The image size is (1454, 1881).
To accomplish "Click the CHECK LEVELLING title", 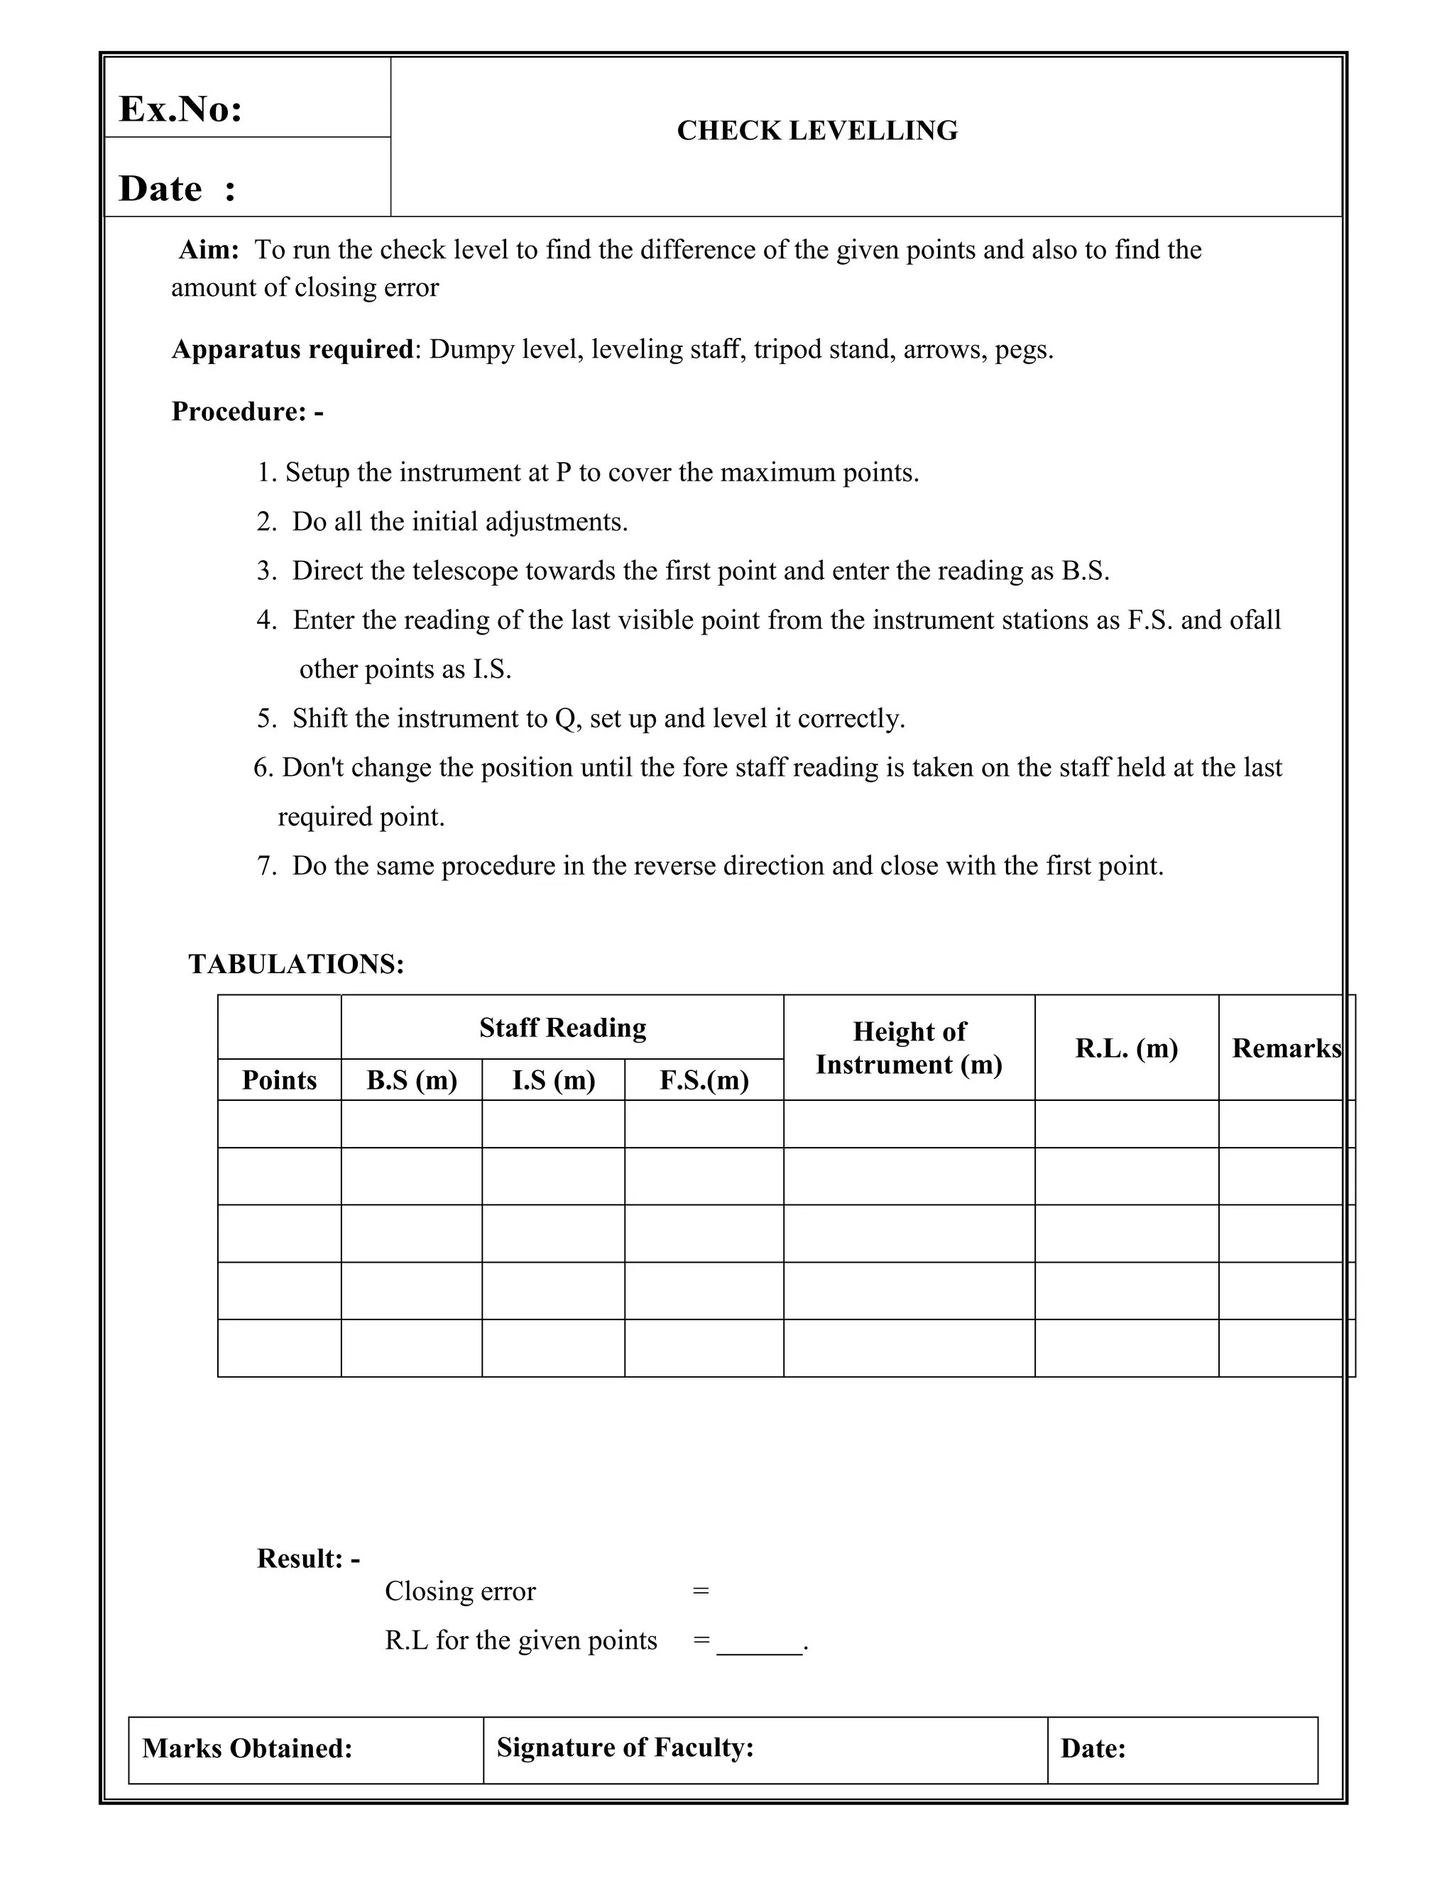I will pyautogui.click(x=816, y=131).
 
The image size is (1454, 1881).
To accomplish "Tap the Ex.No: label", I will pyautogui.click(x=180, y=109).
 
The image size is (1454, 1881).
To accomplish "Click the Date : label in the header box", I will pyautogui.click(x=177, y=189).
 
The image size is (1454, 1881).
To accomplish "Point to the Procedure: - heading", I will pyautogui.click(x=247, y=412).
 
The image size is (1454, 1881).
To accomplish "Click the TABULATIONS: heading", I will pyautogui.click(x=296, y=964).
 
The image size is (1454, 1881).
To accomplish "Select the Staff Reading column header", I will pyautogui.click(x=562, y=1028).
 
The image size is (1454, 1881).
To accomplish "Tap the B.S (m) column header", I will pyautogui.click(x=412, y=1080).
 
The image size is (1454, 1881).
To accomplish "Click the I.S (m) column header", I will pyautogui.click(x=553, y=1080).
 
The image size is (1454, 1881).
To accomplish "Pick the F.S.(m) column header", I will pyautogui.click(x=704, y=1080).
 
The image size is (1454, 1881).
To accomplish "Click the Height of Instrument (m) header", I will pyautogui.click(x=909, y=1048).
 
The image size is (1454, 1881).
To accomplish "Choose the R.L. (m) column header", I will pyautogui.click(x=1126, y=1048).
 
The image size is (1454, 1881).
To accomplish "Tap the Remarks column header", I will pyautogui.click(x=1285, y=1048).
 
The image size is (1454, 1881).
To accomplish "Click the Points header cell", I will pyautogui.click(x=279, y=1080).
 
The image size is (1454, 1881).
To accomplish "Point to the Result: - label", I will pyautogui.click(x=308, y=1559).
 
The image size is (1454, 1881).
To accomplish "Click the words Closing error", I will pyautogui.click(x=460, y=1591).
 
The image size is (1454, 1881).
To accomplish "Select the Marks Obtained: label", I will pyautogui.click(x=247, y=1748).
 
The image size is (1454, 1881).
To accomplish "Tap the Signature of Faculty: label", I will pyautogui.click(x=625, y=1748).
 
